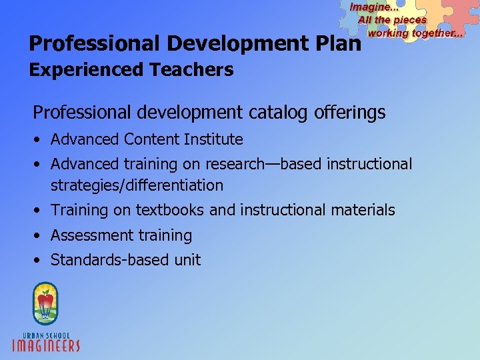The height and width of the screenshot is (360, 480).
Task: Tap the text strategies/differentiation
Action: coord(137,185)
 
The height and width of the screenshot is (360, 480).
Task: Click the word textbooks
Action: coord(171,210)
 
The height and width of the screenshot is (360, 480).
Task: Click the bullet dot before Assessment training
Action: coord(40,236)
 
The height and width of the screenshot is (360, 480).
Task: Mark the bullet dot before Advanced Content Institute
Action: coord(40,140)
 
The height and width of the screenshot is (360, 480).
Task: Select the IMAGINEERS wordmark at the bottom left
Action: coord(47,345)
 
